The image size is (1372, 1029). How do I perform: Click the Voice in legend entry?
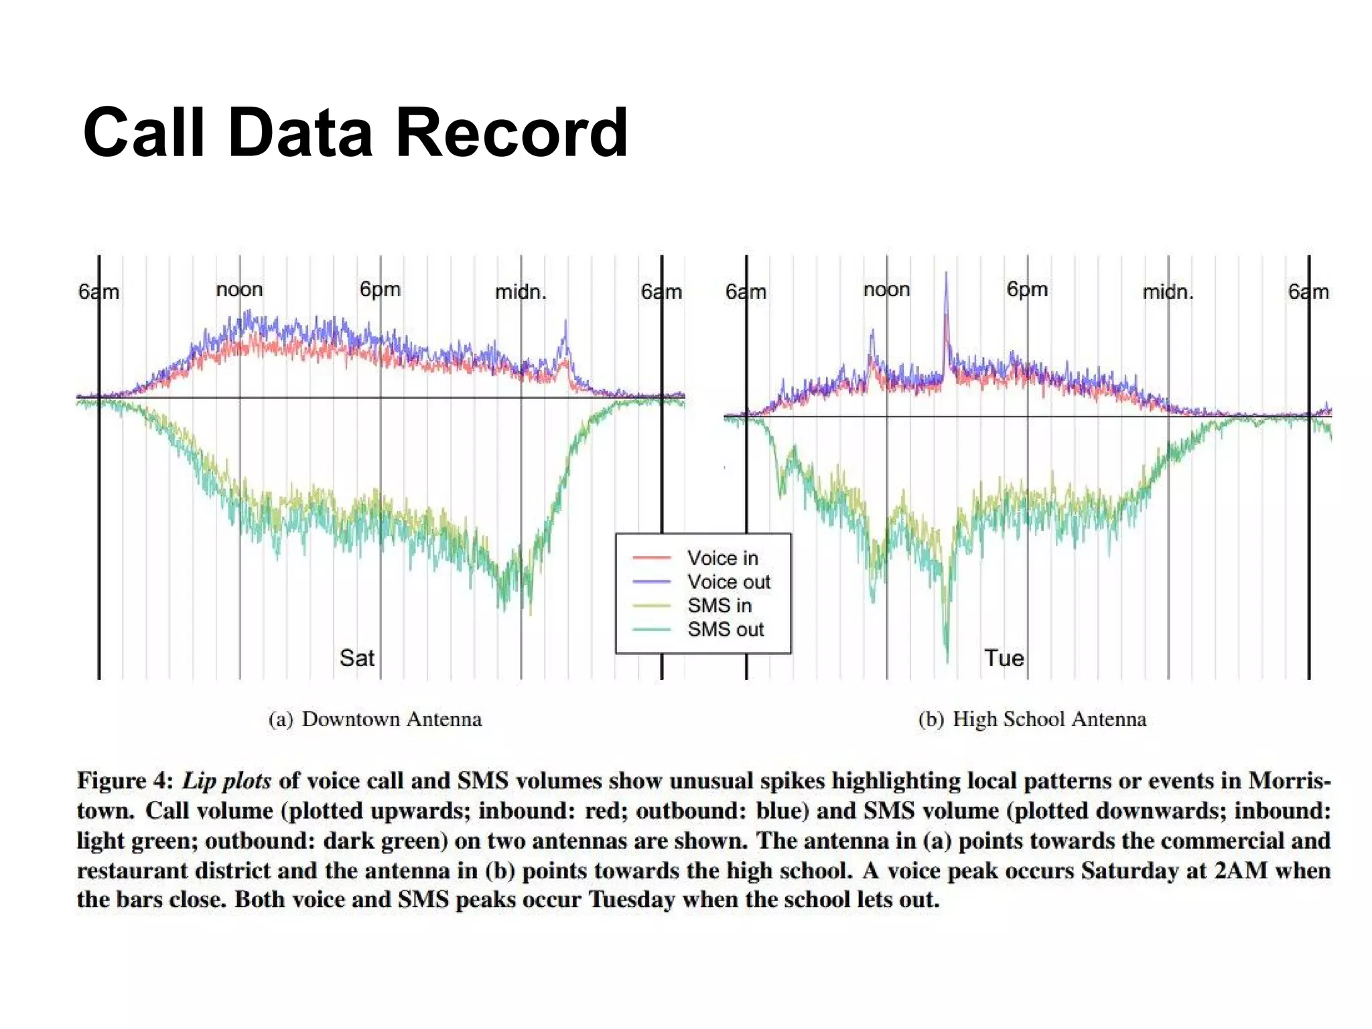(722, 557)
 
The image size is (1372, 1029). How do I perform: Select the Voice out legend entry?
(728, 581)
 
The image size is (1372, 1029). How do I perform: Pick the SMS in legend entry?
(719, 606)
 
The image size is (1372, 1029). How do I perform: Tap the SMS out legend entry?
(725, 630)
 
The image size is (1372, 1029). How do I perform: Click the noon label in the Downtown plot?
(239, 289)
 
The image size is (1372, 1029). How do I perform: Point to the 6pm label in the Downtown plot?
(380, 289)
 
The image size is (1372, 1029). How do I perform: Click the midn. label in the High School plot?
(1168, 292)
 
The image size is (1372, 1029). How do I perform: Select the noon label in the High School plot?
(886, 289)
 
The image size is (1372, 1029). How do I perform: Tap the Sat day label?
(356, 658)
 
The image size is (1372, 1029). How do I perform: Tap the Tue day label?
(1004, 658)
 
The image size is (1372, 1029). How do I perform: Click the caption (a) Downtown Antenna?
(375, 719)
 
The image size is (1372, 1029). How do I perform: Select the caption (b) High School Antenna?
(1032, 719)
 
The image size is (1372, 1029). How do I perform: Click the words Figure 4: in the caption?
(125, 781)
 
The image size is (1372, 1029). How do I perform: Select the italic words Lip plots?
(226, 781)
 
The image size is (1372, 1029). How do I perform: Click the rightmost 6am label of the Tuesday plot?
(1308, 292)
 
